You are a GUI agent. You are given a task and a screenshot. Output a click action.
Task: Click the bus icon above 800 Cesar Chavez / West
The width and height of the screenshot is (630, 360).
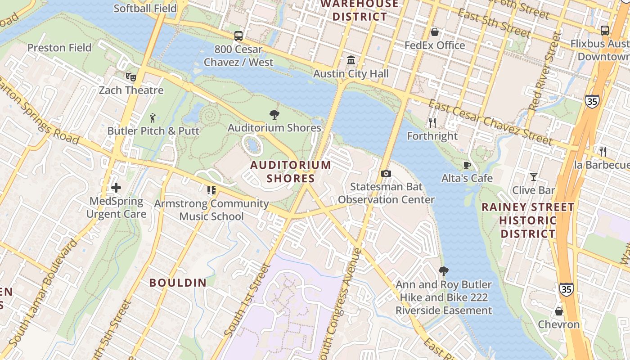[x=238, y=36]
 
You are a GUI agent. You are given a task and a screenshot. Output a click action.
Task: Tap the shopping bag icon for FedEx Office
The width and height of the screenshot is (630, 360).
[x=435, y=32]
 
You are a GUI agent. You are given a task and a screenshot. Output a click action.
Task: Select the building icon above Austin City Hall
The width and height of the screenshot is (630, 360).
[x=351, y=60]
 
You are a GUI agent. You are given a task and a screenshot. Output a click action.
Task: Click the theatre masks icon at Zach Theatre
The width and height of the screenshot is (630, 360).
[x=131, y=76]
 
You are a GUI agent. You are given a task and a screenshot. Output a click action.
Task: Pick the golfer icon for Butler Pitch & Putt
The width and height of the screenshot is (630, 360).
[x=153, y=118]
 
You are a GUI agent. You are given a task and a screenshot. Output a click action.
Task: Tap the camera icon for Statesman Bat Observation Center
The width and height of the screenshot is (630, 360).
[x=386, y=173]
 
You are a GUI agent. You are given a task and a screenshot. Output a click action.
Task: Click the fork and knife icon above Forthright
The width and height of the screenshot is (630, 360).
[x=432, y=122]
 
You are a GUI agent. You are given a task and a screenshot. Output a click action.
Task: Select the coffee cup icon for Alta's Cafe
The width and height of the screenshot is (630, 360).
[x=467, y=165]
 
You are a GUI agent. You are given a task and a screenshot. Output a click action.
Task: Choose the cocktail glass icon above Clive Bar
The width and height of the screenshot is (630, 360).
[x=534, y=177]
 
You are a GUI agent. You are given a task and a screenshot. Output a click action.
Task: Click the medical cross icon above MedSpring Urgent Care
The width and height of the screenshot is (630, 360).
[x=116, y=188]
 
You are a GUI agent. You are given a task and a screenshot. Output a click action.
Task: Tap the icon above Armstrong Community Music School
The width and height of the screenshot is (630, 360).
[x=211, y=190]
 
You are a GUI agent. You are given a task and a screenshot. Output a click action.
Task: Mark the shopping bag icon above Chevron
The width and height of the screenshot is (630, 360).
[x=559, y=311]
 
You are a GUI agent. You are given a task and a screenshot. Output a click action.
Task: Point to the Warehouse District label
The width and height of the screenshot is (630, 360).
[x=359, y=10]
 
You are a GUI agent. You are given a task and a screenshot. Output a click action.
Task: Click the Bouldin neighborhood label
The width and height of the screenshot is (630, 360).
[x=178, y=283]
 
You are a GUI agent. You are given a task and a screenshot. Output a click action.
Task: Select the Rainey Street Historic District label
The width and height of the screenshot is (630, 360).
[x=528, y=220]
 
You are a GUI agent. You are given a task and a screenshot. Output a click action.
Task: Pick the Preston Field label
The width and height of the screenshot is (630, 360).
[x=59, y=48]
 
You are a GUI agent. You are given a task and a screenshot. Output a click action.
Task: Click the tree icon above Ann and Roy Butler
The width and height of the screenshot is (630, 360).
[x=444, y=271]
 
